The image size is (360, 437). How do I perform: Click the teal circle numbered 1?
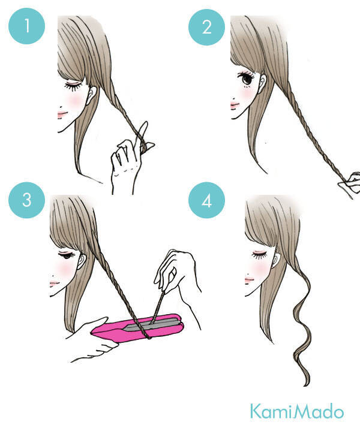click(x=27, y=26)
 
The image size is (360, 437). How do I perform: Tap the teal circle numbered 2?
click(x=206, y=27)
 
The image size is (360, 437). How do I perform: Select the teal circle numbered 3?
click(x=27, y=200)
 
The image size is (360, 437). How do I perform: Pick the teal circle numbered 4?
click(x=206, y=200)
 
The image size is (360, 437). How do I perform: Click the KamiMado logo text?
click(x=297, y=411)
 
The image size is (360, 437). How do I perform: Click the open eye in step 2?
click(x=246, y=78)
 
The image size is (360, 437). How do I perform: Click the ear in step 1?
click(x=91, y=95)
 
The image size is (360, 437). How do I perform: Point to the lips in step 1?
click(x=62, y=114)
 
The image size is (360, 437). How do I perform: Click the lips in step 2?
click(x=235, y=106)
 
